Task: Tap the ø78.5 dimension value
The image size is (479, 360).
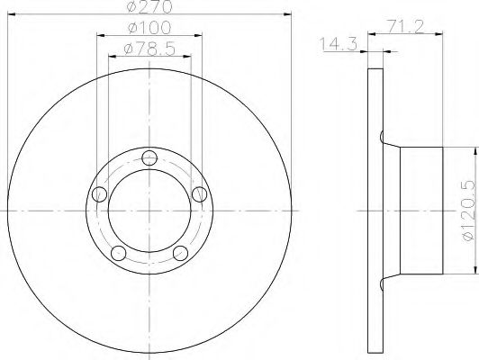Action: pyautogui.click(x=149, y=48)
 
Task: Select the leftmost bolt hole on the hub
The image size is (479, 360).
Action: pyautogui.click(x=101, y=194)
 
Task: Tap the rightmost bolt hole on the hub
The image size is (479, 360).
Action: pyautogui.click(x=198, y=194)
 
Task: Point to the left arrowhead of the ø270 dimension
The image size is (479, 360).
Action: pyautogui.click(x=12, y=14)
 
